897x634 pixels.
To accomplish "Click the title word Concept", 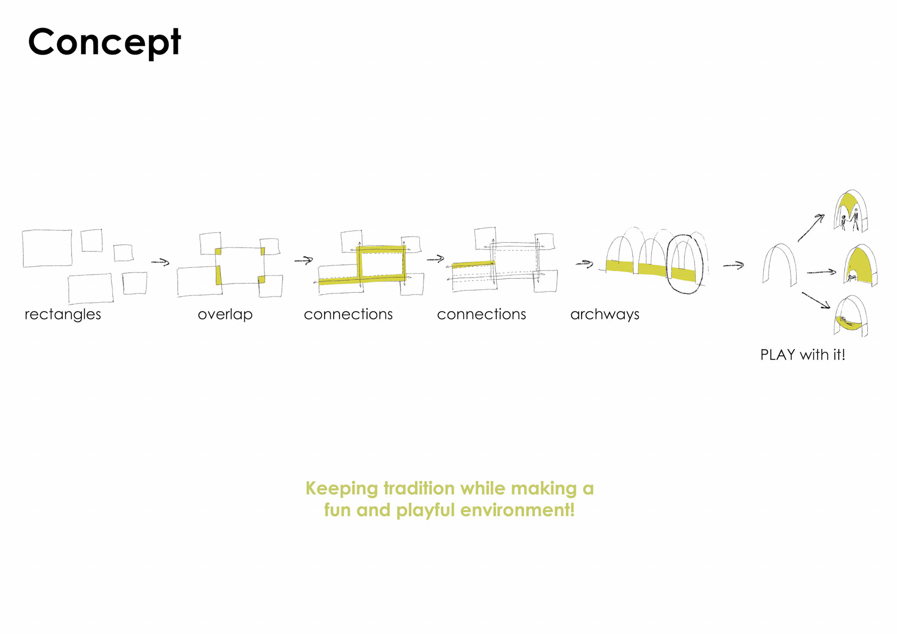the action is tap(104, 42).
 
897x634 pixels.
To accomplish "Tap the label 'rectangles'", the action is tap(63, 314).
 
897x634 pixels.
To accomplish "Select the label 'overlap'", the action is tap(225, 314).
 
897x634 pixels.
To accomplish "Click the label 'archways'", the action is tap(605, 314).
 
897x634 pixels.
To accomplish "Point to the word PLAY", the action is tap(777, 355).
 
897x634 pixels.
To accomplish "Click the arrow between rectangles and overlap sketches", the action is tap(160, 262).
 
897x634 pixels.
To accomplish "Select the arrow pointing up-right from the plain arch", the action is tap(811, 228).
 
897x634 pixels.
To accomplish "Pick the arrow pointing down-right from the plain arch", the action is tap(816, 300).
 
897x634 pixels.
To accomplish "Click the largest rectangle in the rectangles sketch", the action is tap(47, 248).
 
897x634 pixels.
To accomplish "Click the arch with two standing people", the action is tap(851, 212).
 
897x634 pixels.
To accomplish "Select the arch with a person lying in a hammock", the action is tap(851, 316).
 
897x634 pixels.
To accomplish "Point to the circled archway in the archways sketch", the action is tap(684, 264).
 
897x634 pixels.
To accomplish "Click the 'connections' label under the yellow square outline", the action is tap(348, 314).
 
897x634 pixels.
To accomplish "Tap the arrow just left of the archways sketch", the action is tap(584, 264).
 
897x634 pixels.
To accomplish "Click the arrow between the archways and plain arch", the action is tap(733, 265).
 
